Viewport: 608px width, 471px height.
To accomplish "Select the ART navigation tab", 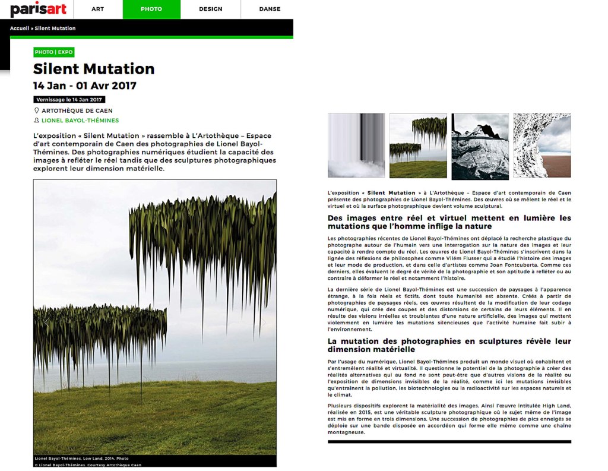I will coord(97,9).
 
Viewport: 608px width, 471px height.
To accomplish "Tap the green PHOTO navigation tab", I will coord(151,9).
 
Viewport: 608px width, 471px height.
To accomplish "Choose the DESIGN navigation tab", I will coord(210,9).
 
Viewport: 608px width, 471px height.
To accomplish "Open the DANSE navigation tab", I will coord(270,9).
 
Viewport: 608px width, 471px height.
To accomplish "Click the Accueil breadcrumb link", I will coord(19,28).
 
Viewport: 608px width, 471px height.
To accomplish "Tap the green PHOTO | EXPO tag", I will coord(53,52).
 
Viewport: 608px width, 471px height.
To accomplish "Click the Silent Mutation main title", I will coord(94,69).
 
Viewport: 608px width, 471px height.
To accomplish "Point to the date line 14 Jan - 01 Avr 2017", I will coord(85,86).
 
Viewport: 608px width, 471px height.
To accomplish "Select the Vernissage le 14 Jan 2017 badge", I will coord(69,99).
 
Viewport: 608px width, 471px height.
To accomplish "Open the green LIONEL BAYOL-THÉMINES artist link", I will coord(80,121).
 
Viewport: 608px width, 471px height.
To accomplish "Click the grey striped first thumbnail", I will coord(356,146).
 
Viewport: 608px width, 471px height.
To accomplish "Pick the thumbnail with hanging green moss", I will coord(418,146).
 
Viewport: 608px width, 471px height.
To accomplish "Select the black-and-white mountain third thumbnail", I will coord(480,146).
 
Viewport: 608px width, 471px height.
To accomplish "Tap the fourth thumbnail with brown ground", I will coord(541,146).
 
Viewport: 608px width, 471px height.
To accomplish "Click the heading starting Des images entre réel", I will coord(449,222).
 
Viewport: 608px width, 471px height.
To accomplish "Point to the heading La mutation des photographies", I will coord(449,345).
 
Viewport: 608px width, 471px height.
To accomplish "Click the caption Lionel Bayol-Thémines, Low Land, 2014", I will coord(81,459).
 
